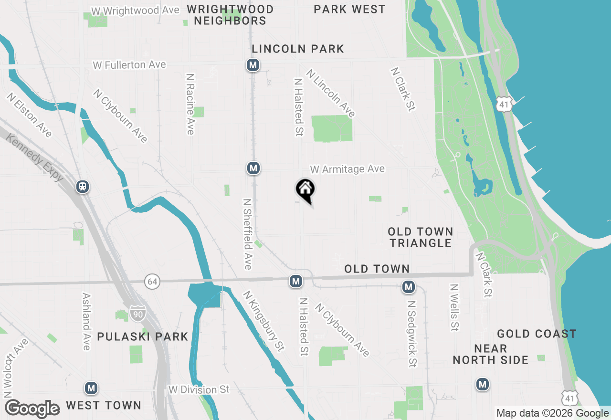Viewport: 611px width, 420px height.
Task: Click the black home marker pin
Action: (305, 189)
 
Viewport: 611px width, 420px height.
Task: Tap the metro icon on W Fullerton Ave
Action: (253, 65)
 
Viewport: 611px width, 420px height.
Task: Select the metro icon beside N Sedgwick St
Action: (408, 287)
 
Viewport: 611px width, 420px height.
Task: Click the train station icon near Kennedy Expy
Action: (83, 186)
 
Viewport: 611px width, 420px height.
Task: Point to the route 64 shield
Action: (152, 282)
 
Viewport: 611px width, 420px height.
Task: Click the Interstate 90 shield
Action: (137, 314)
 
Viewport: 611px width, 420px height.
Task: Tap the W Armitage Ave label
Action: (347, 169)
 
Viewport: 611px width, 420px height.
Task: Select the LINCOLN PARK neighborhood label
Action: (298, 49)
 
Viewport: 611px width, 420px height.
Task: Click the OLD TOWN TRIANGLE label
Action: (420, 237)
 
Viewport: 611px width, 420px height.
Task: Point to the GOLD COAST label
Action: (537, 334)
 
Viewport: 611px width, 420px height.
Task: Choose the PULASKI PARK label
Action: (143, 336)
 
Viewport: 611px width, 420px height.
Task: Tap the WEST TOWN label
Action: (104, 405)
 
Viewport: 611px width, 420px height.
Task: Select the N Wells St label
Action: (454, 308)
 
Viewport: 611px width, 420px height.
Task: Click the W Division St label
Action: (199, 390)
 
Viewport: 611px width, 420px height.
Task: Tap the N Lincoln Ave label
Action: (331, 93)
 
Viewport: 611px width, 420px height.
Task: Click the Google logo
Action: (32, 409)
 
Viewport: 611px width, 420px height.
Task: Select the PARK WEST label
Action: (349, 9)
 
